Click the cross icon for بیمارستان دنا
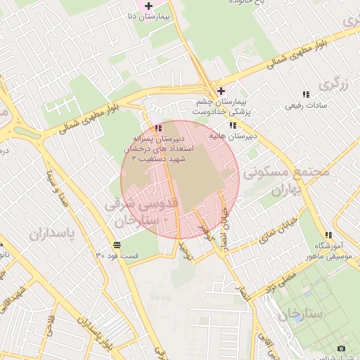(148, 6)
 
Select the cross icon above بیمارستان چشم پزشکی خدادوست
(221, 91)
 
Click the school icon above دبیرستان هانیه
(233, 125)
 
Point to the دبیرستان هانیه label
(233, 135)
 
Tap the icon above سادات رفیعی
(305, 94)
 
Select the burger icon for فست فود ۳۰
(116, 245)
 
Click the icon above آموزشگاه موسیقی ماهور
(328, 235)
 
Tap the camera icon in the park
(342, 349)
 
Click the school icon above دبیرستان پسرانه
(157, 129)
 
